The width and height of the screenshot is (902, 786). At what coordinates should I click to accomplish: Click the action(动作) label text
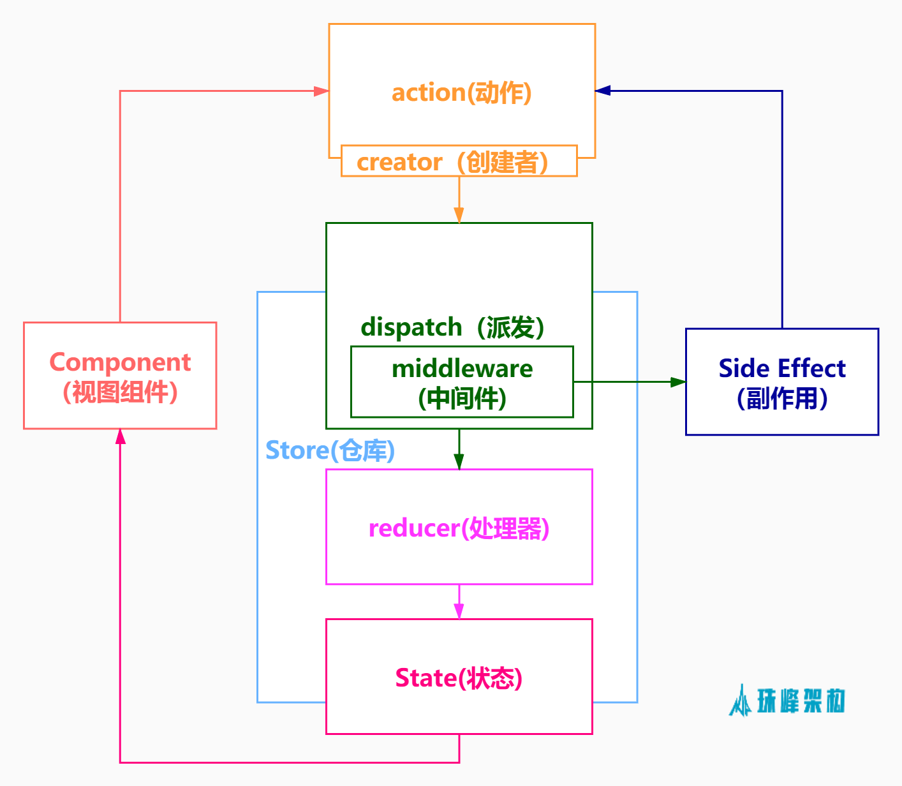461,93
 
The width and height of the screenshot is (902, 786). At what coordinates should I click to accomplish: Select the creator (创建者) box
459,161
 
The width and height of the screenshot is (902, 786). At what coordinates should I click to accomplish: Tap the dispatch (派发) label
452,327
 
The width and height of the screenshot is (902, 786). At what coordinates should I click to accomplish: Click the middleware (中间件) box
462,382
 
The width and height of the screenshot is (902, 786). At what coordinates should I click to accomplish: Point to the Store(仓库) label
330,450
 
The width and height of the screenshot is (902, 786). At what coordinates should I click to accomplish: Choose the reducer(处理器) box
459,527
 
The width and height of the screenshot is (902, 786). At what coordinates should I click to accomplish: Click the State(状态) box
459,677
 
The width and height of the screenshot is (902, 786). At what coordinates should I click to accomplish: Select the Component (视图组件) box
120,376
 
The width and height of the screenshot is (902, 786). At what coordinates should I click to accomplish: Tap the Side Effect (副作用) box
781,382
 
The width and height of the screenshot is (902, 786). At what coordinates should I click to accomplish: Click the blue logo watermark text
801,701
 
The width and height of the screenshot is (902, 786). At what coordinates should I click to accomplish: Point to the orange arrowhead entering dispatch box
459,216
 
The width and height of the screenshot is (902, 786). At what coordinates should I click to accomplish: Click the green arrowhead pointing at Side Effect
677,382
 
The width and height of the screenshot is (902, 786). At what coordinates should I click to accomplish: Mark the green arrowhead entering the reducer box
459,462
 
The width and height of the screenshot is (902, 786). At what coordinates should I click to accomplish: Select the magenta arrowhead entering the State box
459,611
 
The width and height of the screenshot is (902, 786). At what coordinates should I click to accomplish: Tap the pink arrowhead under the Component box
120,436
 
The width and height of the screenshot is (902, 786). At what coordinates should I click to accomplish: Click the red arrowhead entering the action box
322,91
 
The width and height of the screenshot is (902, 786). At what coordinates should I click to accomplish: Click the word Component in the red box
120,362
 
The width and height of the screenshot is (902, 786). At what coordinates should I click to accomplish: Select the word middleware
462,369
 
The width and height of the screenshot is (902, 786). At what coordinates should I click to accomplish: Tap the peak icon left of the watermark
741,701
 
